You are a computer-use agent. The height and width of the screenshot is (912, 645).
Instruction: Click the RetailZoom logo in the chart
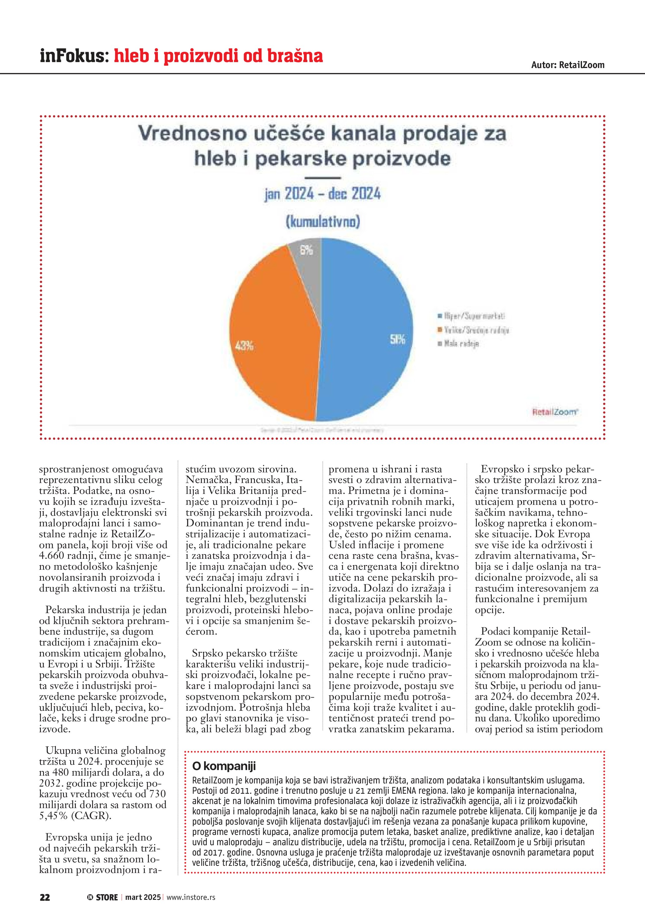555,412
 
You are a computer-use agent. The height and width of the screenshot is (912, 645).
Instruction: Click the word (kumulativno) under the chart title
323,221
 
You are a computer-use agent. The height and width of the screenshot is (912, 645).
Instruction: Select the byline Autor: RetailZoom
568,65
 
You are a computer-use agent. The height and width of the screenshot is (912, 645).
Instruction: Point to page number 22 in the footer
45,897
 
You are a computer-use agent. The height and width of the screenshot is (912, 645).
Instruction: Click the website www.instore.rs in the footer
191,897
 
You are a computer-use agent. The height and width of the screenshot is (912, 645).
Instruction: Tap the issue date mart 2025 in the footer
143,897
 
